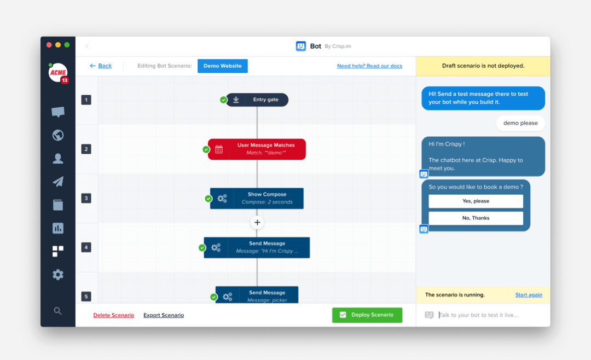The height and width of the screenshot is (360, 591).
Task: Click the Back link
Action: coord(101,66)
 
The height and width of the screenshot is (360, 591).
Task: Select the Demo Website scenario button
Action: coord(222,66)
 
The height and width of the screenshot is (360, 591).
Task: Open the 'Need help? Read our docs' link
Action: coord(369,66)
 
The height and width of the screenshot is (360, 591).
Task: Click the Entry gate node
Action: coord(257,100)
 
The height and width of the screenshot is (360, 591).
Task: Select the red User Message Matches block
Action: coord(257,149)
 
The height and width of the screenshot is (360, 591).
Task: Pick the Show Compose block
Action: coord(257,198)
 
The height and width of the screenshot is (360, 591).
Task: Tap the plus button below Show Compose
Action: coord(257,223)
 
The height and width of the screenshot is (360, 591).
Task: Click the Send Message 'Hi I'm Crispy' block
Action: coord(257,248)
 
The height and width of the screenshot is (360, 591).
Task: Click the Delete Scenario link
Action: coord(113,315)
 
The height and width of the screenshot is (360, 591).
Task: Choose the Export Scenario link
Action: coord(164,315)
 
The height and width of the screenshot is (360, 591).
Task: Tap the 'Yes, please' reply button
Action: coord(476,201)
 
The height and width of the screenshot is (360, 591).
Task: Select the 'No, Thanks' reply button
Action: coord(476,218)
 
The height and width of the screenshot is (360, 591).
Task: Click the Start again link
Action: coord(529,295)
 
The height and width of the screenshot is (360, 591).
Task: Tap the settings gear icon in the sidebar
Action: coord(57,275)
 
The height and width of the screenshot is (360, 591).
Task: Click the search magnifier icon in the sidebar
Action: coord(57,311)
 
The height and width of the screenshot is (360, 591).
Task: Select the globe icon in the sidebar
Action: coord(57,135)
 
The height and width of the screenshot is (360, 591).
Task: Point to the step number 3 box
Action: coord(86,198)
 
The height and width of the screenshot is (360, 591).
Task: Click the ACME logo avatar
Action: coord(57,72)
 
